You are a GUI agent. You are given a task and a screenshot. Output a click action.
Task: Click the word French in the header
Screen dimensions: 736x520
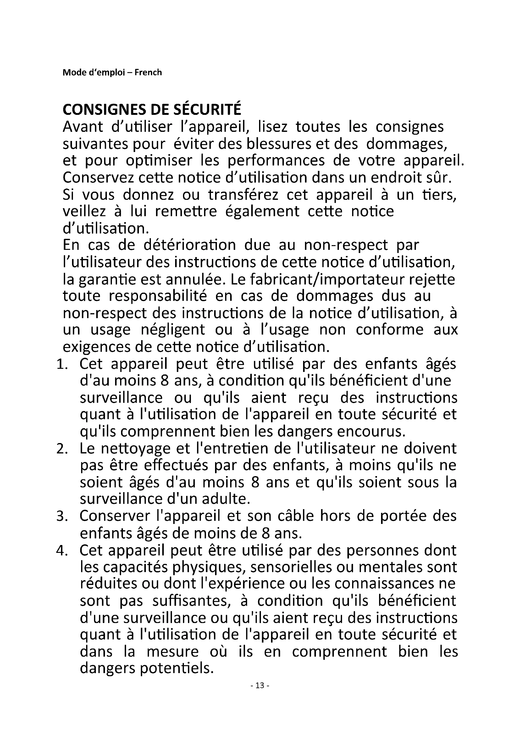[148, 72]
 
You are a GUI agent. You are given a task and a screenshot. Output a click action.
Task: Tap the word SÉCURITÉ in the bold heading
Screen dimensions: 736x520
[207, 110]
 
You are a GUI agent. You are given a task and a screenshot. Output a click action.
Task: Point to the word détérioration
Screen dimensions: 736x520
[190, 245]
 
